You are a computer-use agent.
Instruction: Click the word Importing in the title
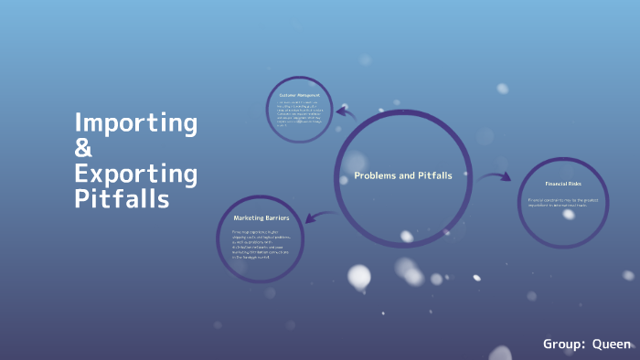[x=135, y=122]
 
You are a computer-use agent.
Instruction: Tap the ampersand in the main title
[x=83, y=147]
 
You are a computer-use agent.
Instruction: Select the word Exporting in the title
[x=135, y=173]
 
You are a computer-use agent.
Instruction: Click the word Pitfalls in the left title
[x=122, y=197]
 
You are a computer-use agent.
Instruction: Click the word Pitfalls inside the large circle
[x=432, y=175]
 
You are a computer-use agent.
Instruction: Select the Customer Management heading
[x=298, y=94]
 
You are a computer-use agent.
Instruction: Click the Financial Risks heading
[x=564, y=183]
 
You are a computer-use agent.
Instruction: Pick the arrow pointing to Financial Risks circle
[x=495, y=176]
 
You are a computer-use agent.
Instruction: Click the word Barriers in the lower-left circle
[x=277, y=218]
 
